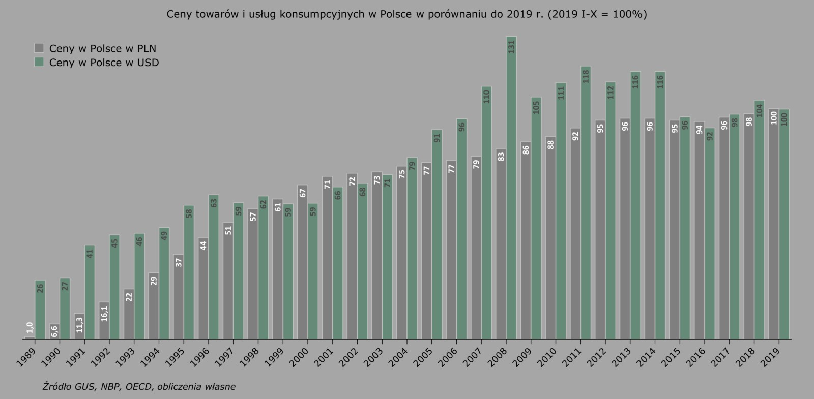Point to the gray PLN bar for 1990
tap(55, 331)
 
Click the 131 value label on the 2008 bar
tap(511, 47)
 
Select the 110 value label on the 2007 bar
tap(486, 97)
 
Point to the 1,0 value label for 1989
tap(30, 328)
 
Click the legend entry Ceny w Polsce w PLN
tap(102, 49)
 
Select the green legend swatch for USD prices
tap(39, 62)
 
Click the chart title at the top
tap(407, 14)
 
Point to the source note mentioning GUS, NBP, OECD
tap(139, 387)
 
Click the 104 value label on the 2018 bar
tap(759, 110)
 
